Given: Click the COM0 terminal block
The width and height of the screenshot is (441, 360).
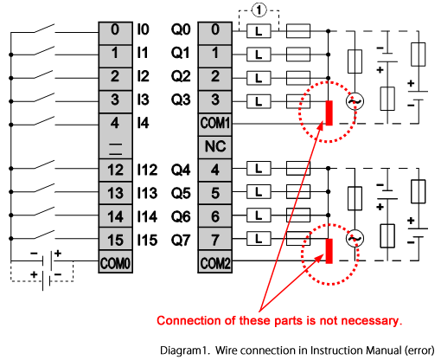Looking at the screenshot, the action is (115, 262).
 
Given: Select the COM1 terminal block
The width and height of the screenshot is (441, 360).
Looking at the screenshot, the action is (215, 125).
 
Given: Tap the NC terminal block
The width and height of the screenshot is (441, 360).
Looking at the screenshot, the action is (215, 147).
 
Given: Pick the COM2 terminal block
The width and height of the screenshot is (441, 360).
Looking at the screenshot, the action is (215, 262).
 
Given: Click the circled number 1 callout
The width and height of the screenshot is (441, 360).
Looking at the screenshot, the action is (259, 10).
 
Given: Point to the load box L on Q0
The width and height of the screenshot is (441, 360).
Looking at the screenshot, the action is (259, 31).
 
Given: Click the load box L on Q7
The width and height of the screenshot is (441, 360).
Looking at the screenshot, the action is (259, 239).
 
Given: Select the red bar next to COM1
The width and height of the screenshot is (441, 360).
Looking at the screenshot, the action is (329, 112).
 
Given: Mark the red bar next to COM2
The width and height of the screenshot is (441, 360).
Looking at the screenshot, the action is (329, 251).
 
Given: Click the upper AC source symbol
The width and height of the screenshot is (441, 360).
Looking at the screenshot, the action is (355, 101).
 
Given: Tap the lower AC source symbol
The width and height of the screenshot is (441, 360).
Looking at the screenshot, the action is (355, 239).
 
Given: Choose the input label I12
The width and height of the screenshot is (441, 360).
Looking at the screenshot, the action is (147, 170).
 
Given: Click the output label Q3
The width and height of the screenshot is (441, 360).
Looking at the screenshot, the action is (181, 100).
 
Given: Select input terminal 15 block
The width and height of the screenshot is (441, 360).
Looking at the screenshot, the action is (115, 239).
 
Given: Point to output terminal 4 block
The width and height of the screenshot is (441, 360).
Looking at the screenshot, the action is (215, 170).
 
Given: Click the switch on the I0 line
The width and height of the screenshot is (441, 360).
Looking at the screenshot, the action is (45, 29).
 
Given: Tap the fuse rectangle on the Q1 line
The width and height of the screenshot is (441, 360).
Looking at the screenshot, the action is (298, 55).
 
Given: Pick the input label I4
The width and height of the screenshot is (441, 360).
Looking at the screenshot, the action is (143, 123).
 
